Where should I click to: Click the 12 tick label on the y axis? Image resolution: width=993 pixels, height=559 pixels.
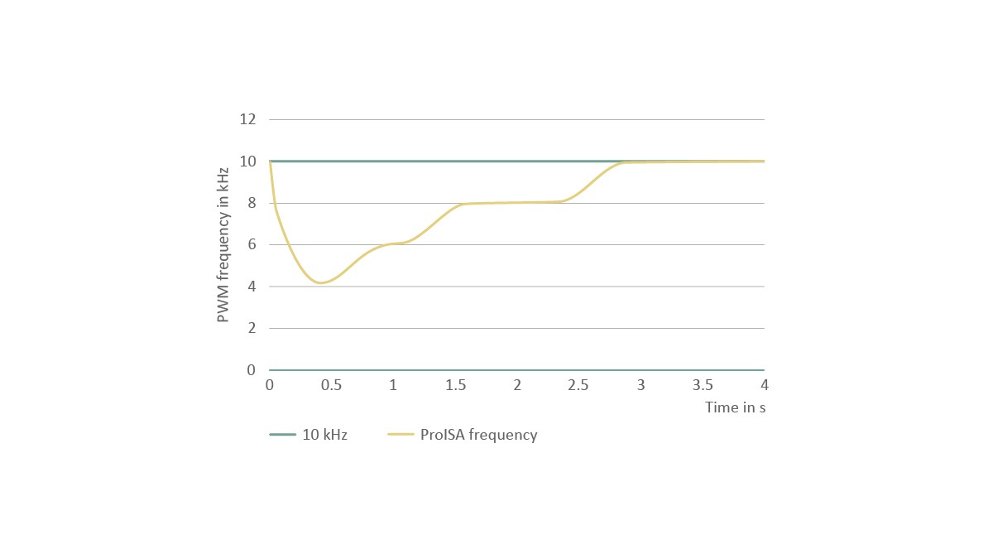pyautogui.click(x=247, y=119)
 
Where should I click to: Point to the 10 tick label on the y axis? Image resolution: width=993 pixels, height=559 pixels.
pyautogui.click(x=247, y=161)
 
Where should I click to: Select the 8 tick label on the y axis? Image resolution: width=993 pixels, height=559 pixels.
pyautogui.click(x=252, y=203)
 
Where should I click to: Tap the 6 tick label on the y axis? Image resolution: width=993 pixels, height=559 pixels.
pyautogui.click(x=252, y=245)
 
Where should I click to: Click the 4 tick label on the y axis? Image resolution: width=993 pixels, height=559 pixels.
pyautogui.click(x=252, y=287)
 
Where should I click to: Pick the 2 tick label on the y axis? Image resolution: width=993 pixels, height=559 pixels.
pyautogui.click(x=252, y=329)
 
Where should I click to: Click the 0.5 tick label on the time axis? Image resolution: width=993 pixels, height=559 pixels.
pyautogui.click(x=331, y=385)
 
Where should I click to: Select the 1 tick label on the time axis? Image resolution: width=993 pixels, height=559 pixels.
pyautogui.click(x=393, y=385)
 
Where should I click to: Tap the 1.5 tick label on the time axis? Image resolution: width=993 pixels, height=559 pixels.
pyautogui.click(x=455, y=385)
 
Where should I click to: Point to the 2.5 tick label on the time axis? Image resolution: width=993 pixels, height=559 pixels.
pyautogui.click(x=578, y=385)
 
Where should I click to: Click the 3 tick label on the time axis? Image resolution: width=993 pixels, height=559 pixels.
pyautogui.click(x=640, y=385)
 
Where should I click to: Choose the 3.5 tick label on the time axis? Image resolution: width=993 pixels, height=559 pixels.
pyautogui.click(x=703, y=385)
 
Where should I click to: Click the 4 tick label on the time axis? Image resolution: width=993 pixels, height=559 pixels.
pyautogui.click(x=765, y=385)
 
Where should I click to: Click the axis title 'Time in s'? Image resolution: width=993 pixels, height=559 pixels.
pyautogui.click(x=735, y=407)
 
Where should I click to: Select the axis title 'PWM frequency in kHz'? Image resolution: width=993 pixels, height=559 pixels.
pyautogui.click(x=223, y=244)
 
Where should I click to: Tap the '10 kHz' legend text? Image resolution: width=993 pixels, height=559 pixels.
pyautogui.click(x=324, y=435)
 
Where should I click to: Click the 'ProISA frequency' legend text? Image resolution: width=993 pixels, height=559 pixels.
pyautogui.click(x=478, y=435)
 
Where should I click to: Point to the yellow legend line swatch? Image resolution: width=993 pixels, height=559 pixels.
pyautogui.click(x=401, y=435)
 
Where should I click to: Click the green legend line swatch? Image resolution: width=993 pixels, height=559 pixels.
pyautogui.click(x=282, y=435)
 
